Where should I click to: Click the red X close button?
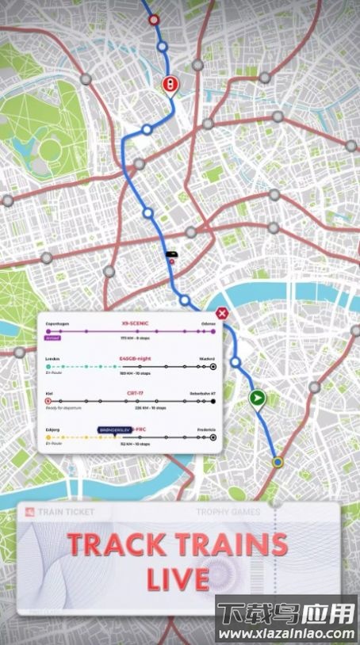tap(223, 314)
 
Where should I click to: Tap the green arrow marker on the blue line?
tap(257, 399)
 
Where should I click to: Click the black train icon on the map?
tap(170, 255)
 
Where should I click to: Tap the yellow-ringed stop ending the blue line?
tap(277, 461)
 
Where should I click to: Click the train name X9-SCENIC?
tap(135, 323)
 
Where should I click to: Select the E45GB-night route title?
tap(135, 359)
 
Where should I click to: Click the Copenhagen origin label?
tap(58, 323)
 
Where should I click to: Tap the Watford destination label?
tap(207, 359)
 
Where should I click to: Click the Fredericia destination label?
tap(205, 429)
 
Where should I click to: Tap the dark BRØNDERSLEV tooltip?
tap(113, 429)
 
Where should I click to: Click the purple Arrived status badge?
tap(53, 337)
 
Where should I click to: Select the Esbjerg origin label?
tap(53, 429)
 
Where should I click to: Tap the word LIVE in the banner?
tap(178, 578)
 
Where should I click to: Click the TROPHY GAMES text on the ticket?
tap(228, 512)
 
